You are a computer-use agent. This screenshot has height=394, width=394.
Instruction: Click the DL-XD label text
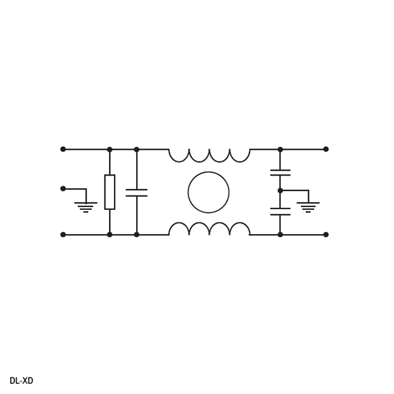click(21, 380)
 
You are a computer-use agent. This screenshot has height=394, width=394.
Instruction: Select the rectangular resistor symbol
click(110, 192)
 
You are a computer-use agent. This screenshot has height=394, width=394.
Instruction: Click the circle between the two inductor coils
click(208, 192)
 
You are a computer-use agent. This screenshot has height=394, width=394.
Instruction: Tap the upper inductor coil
click(209, 162)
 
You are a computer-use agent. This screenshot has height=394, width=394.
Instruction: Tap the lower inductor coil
click(209, 223)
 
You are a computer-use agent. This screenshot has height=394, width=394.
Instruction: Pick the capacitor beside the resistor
click(136, 193)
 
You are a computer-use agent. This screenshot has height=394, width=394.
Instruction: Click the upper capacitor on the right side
click(280, 173)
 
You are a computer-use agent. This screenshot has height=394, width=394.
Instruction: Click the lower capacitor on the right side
click(280, 211)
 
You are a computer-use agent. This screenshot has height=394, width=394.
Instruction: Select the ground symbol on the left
click(86, 207)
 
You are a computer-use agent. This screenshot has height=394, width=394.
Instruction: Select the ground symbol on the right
click(308, 207)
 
